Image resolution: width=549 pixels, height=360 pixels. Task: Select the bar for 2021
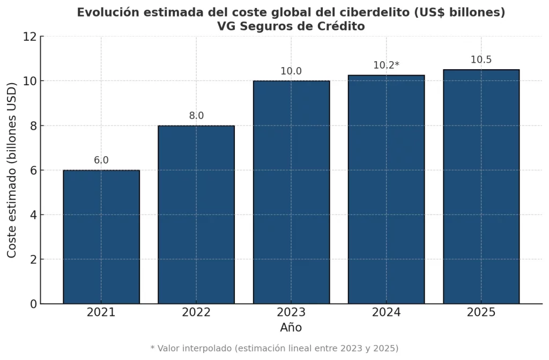click(101, 237)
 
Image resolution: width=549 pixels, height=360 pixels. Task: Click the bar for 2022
click(196, 215)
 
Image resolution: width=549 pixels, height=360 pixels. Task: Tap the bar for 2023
click(291, 192)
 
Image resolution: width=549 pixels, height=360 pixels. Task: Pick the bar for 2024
click(386, 189)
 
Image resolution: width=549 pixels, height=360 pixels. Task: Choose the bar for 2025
click(481, 187)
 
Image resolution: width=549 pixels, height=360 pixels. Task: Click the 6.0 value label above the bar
click(101, 160)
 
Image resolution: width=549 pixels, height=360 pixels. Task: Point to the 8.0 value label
click(196, 116)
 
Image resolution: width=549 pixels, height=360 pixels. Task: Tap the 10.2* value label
click(386, 65)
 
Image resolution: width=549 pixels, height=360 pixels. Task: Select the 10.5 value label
click(481, 60)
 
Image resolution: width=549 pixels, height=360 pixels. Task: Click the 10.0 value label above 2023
click(291, 71)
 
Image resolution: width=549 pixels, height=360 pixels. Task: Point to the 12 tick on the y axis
click(30, 37)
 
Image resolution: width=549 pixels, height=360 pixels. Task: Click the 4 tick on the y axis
click(33, 215)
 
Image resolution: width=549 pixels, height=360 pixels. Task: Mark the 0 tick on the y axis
click(33, 304)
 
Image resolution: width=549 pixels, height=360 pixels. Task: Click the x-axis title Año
click(291, 327)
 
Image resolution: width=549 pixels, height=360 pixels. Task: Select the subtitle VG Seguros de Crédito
click(291, 26)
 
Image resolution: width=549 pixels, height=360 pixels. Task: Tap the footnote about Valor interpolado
click(274, 348)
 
